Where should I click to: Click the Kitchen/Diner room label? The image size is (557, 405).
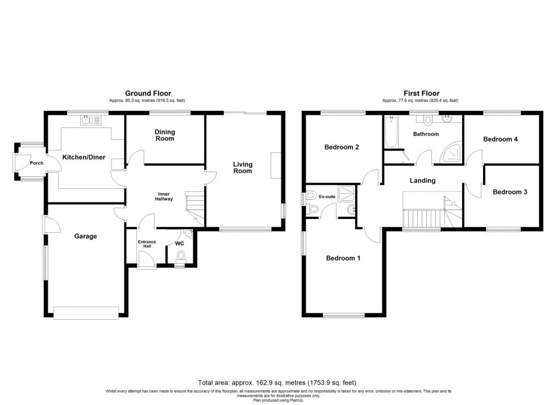pyautogui.click(x=84, y=157)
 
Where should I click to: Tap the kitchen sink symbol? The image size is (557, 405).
pyautogui.click(x=91, y=121)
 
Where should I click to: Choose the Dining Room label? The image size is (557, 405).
pyautogui.click(x=165, y=135)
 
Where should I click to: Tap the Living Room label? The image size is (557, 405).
pyautogui.click(x=243, y=168)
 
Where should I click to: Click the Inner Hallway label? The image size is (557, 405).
pyautogui.click(x=165, y=196)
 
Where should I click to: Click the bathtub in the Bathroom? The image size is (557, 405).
pyautogui.click(x=391, y=132)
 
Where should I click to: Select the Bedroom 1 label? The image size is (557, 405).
pyautogui.click(x=343, y=258)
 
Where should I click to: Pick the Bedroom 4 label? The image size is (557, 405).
pyautogui.click(x=500, y=139)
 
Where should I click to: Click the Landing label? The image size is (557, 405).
pyautogui.click(x=422, y=180)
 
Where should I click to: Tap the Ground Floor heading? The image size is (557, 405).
pyautogui.click(x=148, y=93)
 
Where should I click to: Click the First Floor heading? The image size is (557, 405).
pyautogui.click(x=421, y=93)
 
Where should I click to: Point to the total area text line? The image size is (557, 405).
pyautogui.click(x=278, y=383)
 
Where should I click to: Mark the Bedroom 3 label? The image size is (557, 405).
pyautogui.click(x=510, y=192)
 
